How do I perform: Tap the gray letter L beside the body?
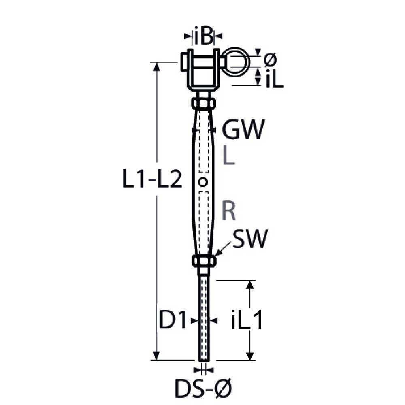pos(229,156)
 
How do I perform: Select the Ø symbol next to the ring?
pos(270,59)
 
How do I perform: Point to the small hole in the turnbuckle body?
pos(203,182)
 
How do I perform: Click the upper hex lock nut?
pos(203,102)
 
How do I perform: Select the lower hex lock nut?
pos(203,260)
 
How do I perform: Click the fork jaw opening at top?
pos(203,69)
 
